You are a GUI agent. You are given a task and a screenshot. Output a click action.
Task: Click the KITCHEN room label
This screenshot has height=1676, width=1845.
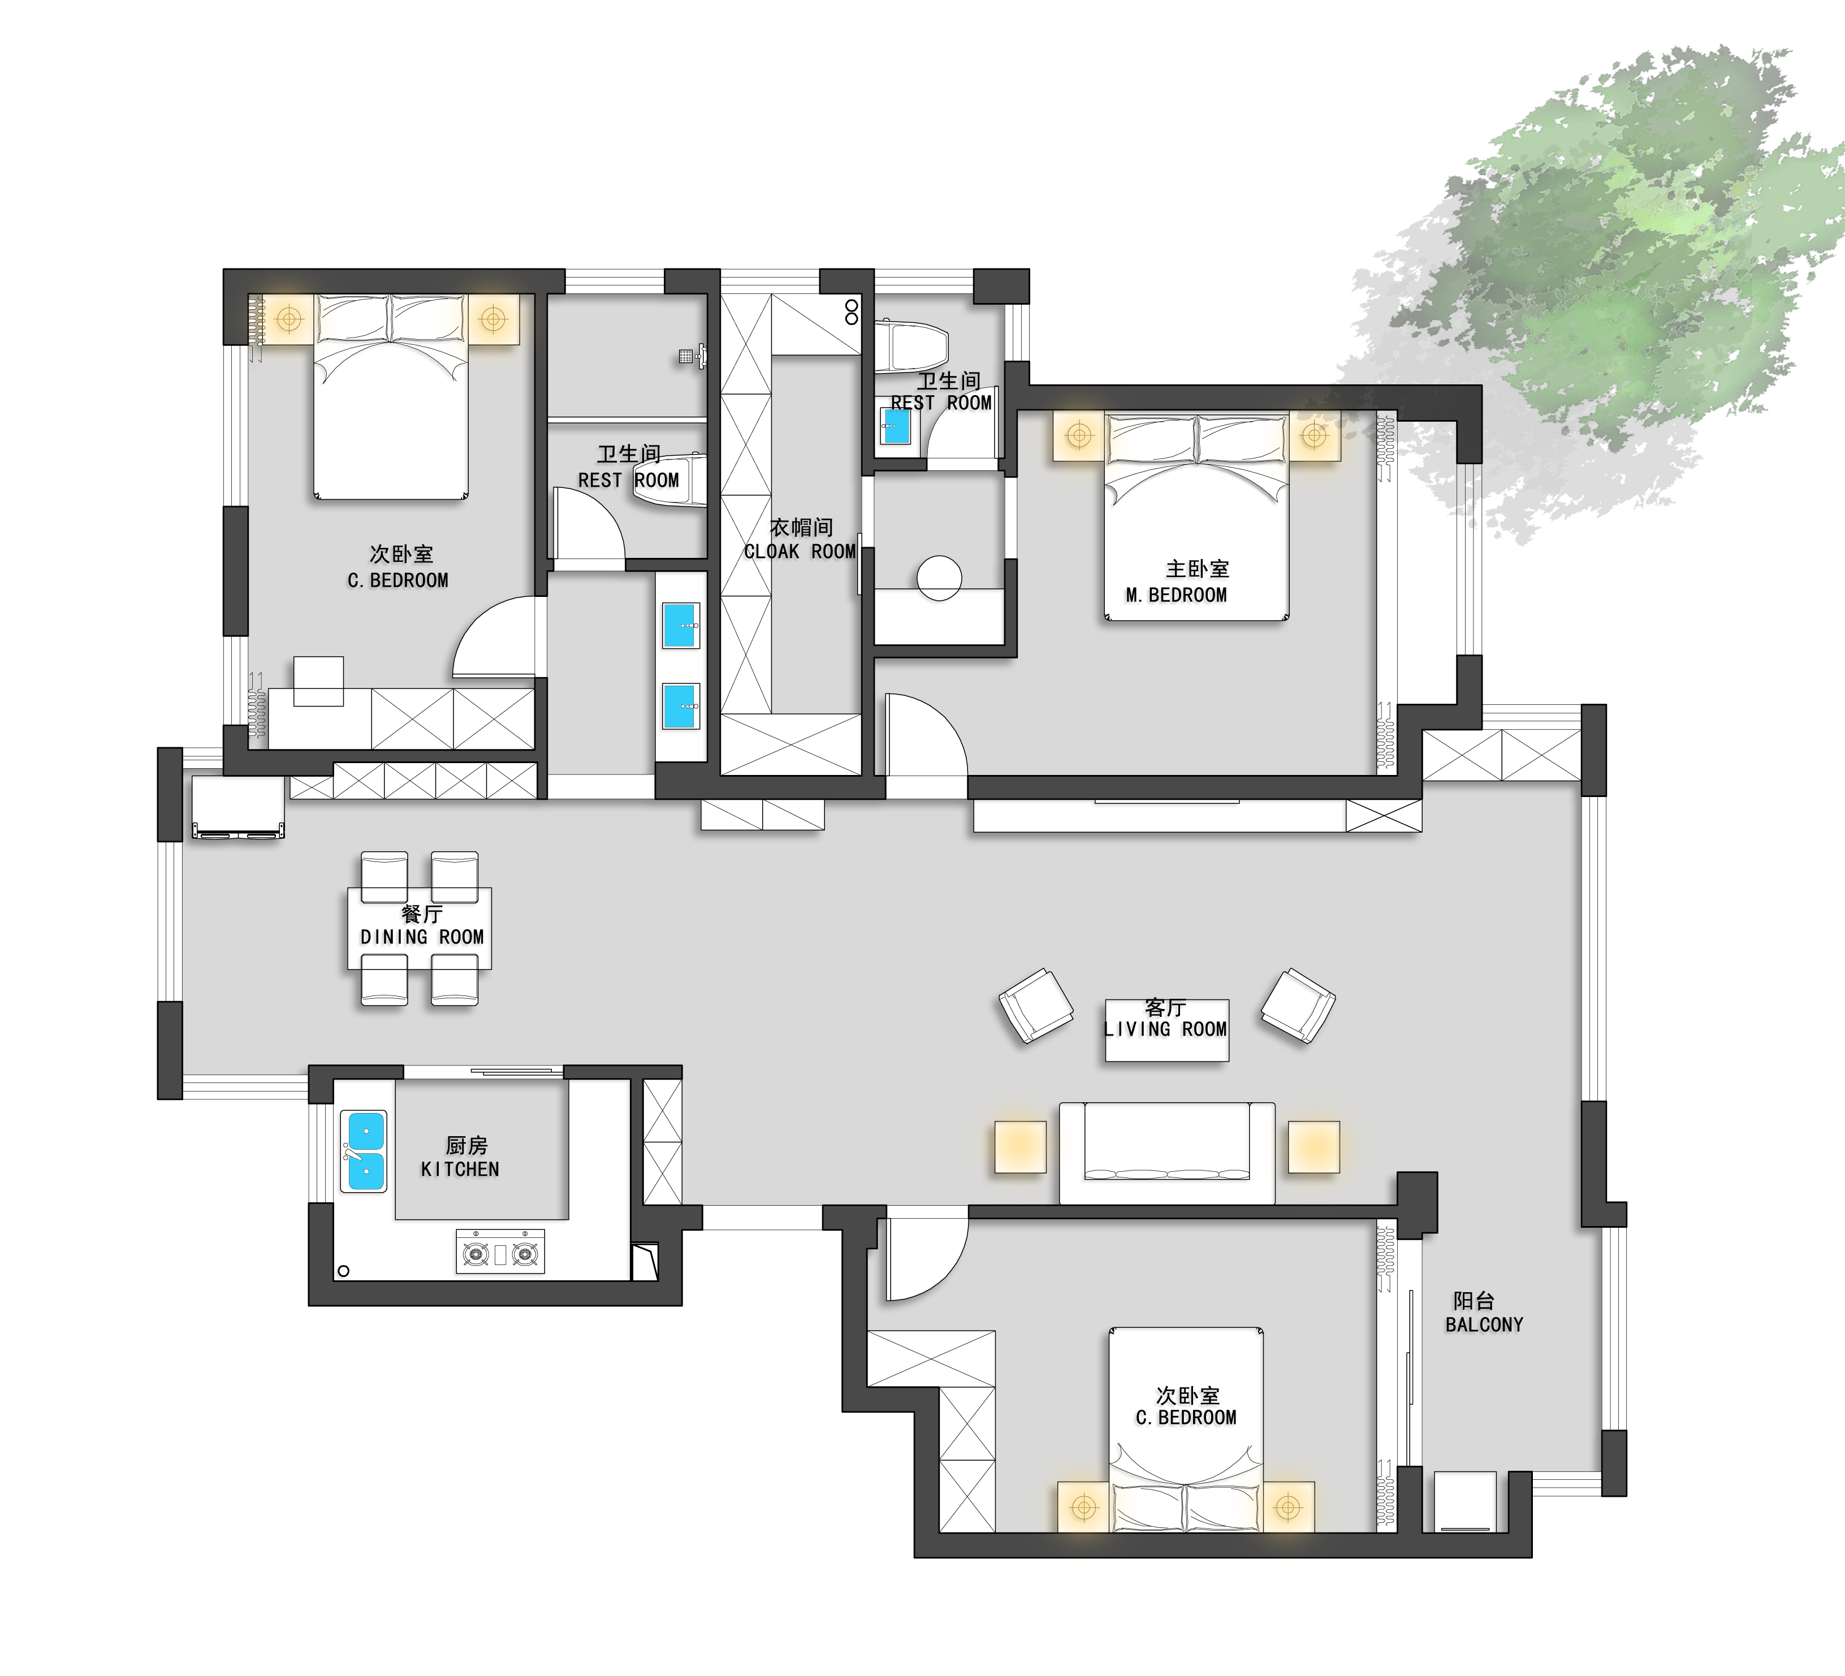click(x=460, y=1169)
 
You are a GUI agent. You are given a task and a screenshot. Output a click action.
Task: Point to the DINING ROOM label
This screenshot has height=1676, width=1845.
click(x=422, y=937)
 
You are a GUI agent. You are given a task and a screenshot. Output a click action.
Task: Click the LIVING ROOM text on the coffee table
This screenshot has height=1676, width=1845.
click(x=1165, y=1029)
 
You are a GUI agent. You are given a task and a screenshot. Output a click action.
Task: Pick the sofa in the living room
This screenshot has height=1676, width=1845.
click(x=1167, y=1153)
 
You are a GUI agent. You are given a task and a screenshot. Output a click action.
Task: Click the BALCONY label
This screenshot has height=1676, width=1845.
click(x=1484, y=1325)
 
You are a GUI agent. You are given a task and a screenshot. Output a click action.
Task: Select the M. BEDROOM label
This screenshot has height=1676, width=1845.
click(x=1176, y=596)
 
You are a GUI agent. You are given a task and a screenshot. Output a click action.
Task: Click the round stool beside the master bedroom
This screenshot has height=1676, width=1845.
click(x=939, y=578)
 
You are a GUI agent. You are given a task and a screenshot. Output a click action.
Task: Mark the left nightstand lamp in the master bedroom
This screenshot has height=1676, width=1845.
click(x=1080, y=435)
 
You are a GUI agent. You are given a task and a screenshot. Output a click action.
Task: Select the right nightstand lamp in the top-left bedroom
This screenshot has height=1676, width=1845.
click(x=493, y=319)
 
